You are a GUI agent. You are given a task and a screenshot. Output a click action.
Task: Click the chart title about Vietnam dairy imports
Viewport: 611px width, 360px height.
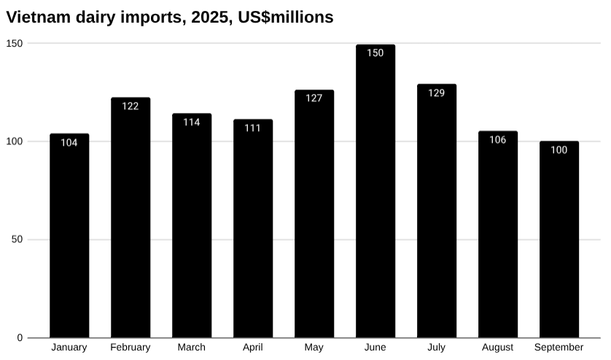pos(169,17)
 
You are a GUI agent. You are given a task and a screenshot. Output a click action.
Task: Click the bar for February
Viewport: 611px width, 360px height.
pos(131,218)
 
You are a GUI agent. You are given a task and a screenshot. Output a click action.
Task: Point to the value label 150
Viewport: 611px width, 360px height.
pos(375,53)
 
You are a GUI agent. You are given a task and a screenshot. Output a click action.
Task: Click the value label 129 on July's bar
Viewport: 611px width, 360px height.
pos(436,93)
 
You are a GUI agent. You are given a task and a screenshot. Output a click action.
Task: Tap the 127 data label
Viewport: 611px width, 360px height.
pos(314,98)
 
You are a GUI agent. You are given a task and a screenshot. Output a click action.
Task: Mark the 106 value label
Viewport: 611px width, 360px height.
pos(497,140)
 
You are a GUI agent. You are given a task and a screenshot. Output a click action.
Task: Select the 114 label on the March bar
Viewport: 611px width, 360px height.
pos(192,122)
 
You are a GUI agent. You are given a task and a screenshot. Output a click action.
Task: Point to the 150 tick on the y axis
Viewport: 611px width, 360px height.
pos(15,44)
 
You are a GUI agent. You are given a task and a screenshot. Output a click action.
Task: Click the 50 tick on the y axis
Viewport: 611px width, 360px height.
pos(17,240)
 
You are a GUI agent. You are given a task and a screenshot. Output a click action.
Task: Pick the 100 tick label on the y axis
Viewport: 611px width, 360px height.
pos(15,141)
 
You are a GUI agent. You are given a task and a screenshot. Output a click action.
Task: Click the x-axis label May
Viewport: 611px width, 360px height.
pos(314,348)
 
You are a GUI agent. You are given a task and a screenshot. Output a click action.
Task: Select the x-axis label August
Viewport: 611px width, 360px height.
pos(497,348)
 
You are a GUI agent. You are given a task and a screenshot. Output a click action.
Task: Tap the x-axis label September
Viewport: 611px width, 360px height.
pos(559,348)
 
